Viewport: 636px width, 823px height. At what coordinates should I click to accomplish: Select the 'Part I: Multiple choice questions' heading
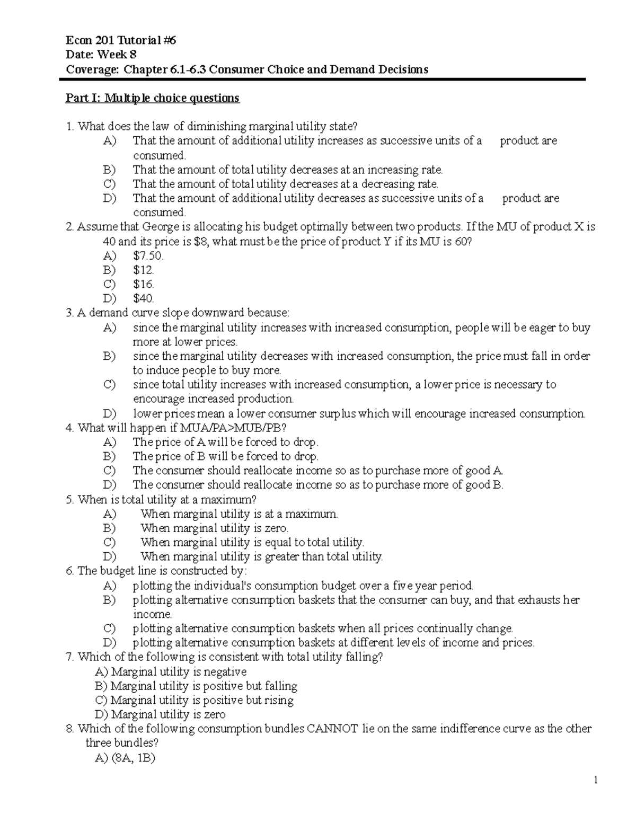[x=152, y=98]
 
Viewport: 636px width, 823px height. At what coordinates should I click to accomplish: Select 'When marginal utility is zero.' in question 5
[x=214, y=528]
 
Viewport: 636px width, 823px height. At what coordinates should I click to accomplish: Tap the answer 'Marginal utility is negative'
[x=179, y=672]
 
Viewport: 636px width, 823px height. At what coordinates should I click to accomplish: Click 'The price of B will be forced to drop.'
[x=226, y=456]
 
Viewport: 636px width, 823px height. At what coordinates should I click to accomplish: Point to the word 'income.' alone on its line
[x=153, y=614]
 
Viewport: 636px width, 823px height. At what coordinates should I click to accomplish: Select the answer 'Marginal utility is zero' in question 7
[x=168, y=714]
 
